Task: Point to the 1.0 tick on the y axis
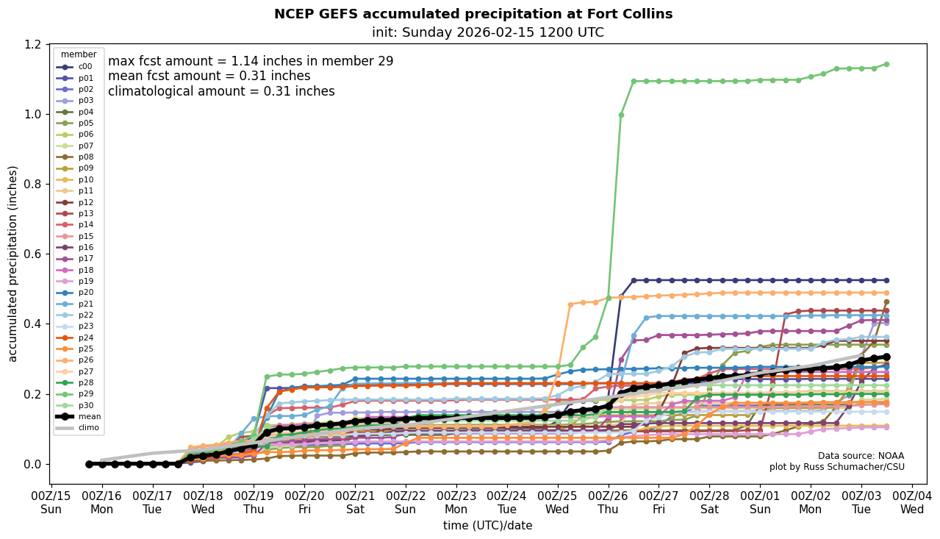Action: point(34,114)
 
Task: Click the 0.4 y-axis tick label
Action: point(34,324)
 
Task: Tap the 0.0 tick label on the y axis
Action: point(34,464)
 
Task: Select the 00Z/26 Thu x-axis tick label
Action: point(608,502)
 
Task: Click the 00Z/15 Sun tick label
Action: point(51,502)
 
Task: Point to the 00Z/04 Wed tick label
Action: point(912,502)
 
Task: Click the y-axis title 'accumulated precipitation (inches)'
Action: point(12,263)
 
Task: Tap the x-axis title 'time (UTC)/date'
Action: point(487,526)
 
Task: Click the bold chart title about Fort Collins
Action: point(473,14)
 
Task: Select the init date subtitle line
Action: point(487,32)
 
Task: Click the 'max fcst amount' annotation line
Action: point(251,61)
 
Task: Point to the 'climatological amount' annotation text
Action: point(221,91)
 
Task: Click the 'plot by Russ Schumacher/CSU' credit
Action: point(836,467)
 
